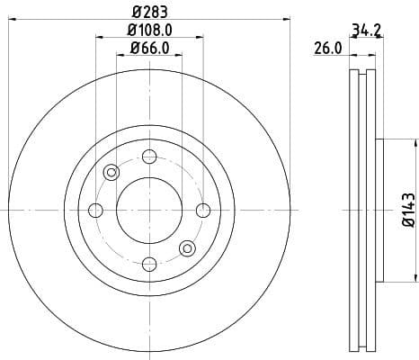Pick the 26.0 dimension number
point(328,49)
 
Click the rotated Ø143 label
point(407,210)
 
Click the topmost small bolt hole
point(149,157)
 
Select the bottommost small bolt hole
point(149,263)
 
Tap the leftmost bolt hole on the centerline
point(96,210)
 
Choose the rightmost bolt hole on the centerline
point(202,210)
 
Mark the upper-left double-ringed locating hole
point(111,172)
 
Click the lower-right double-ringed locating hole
point(187,247)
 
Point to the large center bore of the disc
point(149,210)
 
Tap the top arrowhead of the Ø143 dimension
point(416,142)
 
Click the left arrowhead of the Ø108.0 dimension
point(97,37)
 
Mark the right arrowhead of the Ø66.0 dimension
point(180,56)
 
